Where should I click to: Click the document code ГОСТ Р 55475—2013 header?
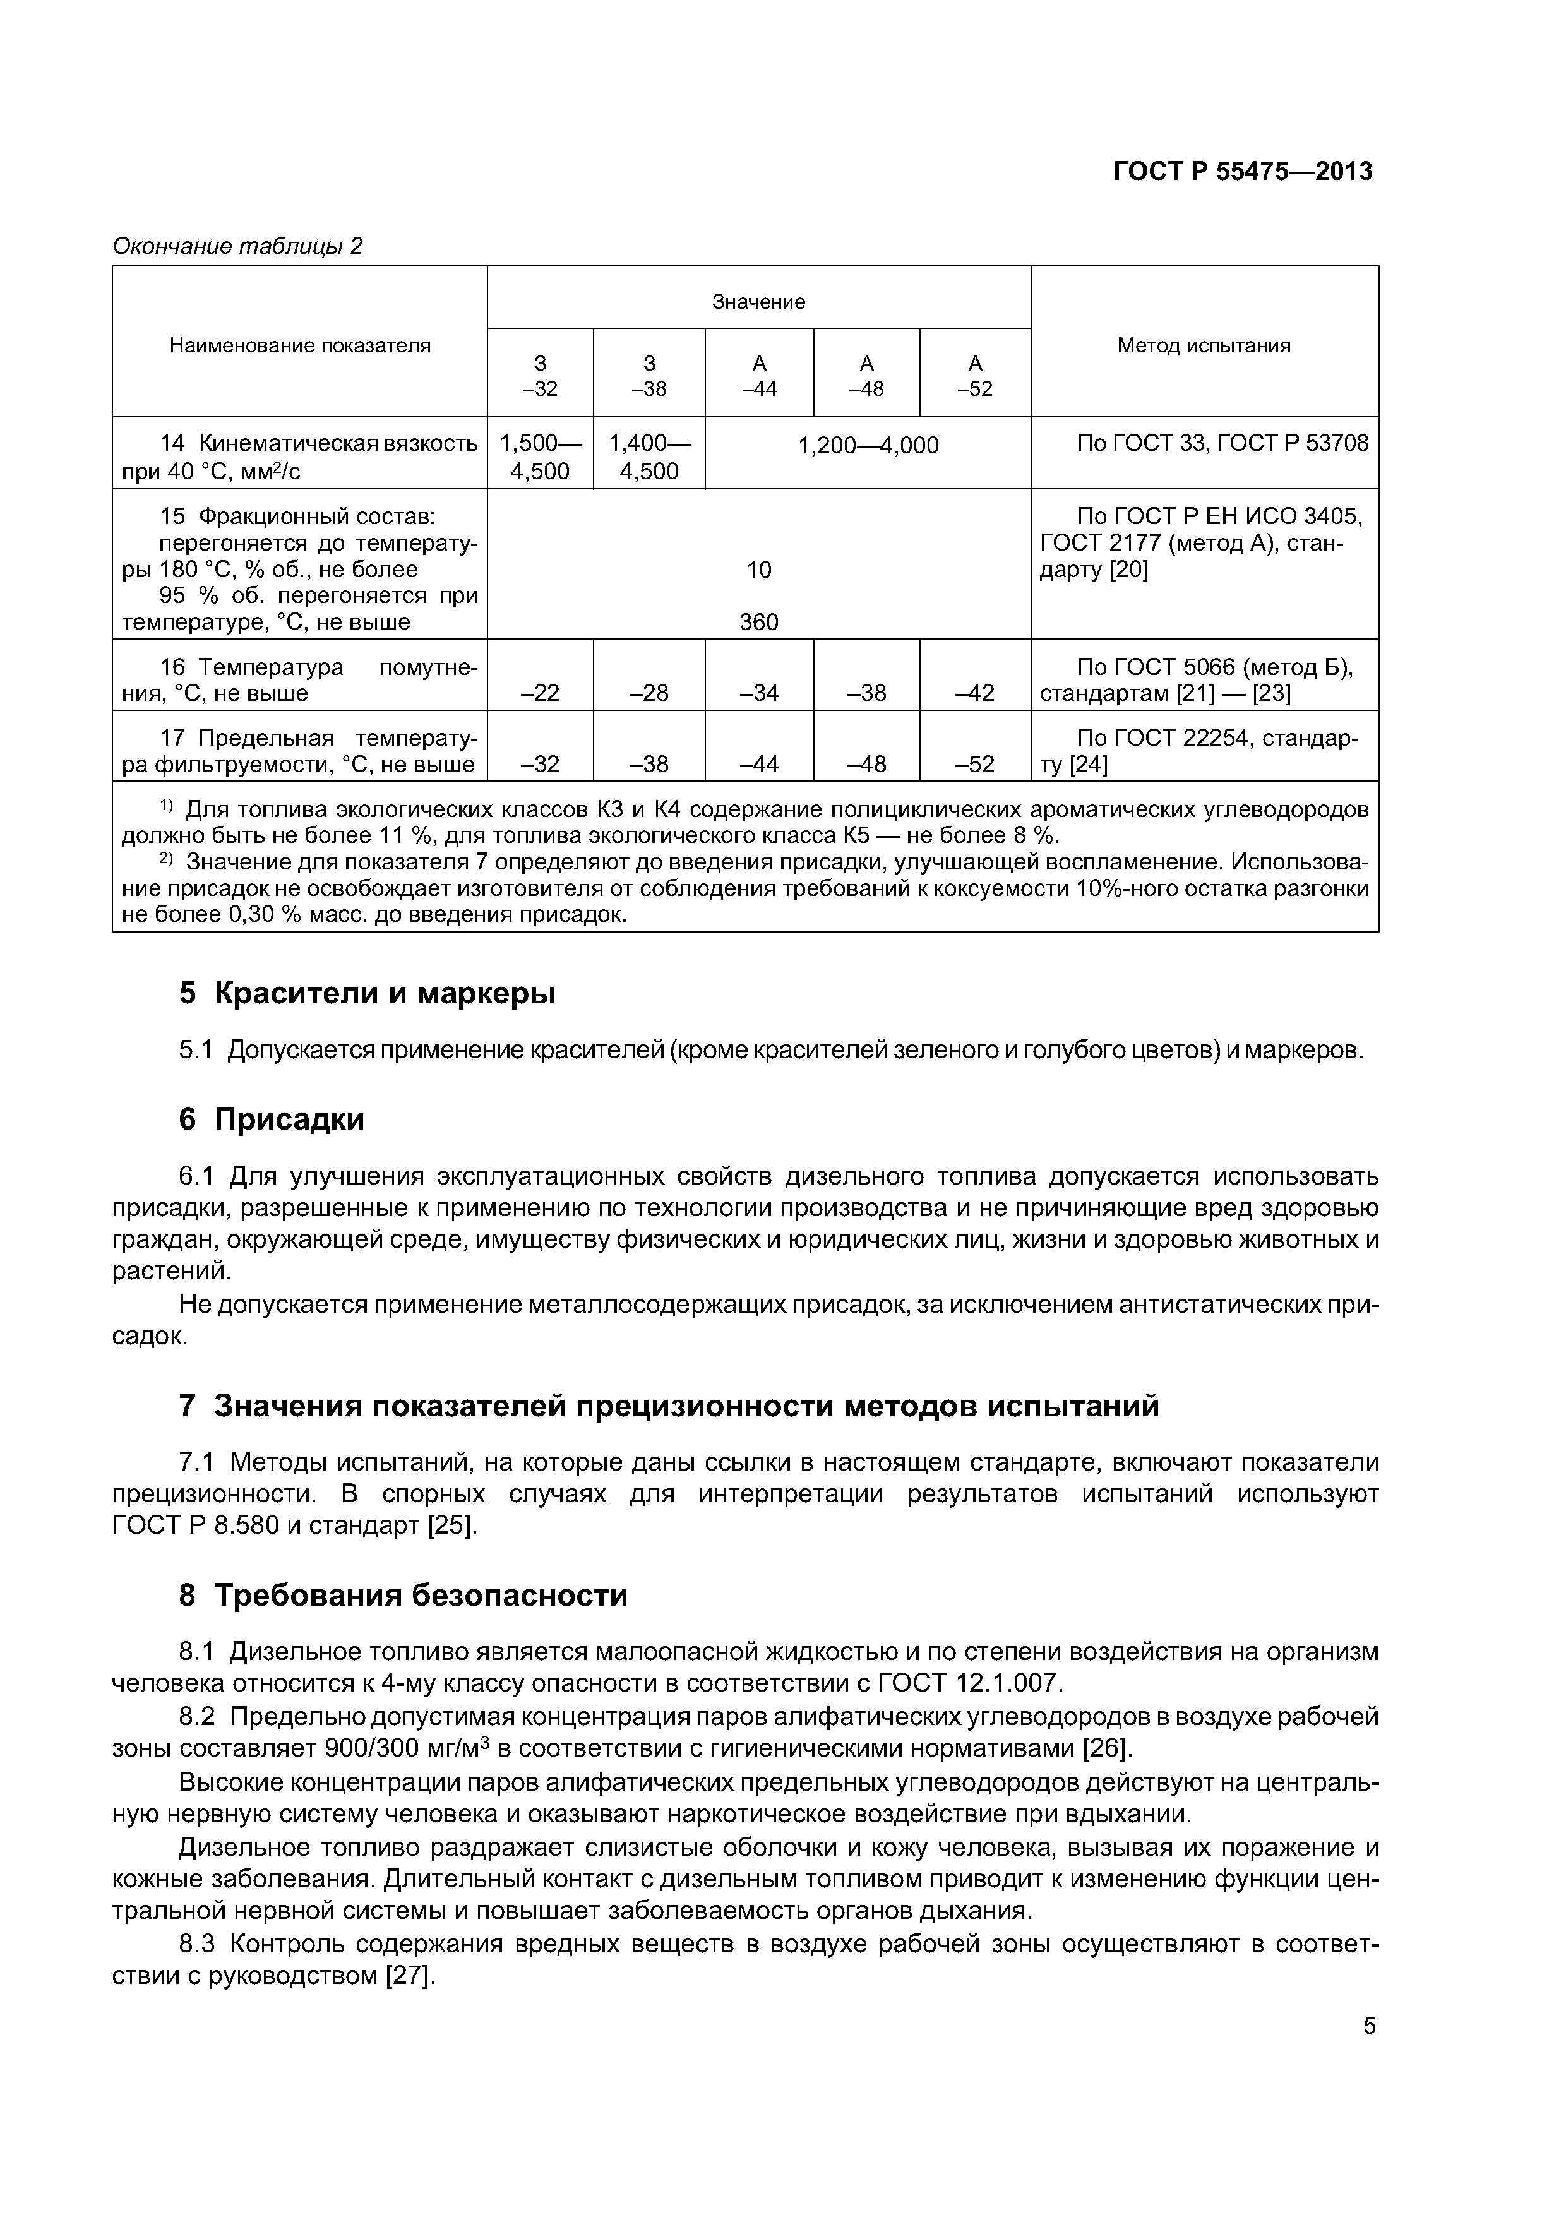click(x=1242, y=172)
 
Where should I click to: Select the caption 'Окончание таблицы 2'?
click(x=237, y=246)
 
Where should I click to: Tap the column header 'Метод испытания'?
click(x=1203, y=345)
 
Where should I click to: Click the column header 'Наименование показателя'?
click(x=300, y=345)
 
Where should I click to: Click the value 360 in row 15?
click(x=758, y=622)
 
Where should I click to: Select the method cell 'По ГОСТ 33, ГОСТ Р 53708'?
click(x=1222, y=443)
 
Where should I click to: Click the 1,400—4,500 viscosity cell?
click(x=649, y=457)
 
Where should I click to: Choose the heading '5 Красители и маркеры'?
click(x=367, y=993)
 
